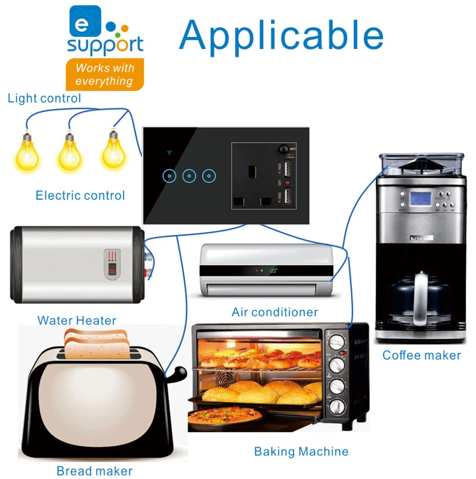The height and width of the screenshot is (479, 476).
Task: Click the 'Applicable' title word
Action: (x=281, y=35)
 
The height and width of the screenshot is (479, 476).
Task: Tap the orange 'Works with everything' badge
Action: (x=104, y=75)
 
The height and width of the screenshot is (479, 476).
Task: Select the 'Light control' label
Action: (x=45, y=98)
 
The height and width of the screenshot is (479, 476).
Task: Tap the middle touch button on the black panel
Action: (x=189, y=176)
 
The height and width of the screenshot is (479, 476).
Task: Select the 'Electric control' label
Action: (x=80, y=195)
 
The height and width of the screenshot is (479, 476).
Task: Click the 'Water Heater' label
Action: (x=77, y=321)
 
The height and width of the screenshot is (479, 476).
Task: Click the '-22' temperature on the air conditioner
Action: (x=273, y=270)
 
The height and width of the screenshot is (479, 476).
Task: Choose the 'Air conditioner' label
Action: (x=275, y=312)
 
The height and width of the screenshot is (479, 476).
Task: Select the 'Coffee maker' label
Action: (x=422, y=355)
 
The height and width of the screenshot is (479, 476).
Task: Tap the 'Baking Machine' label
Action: (x=301, y=451)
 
